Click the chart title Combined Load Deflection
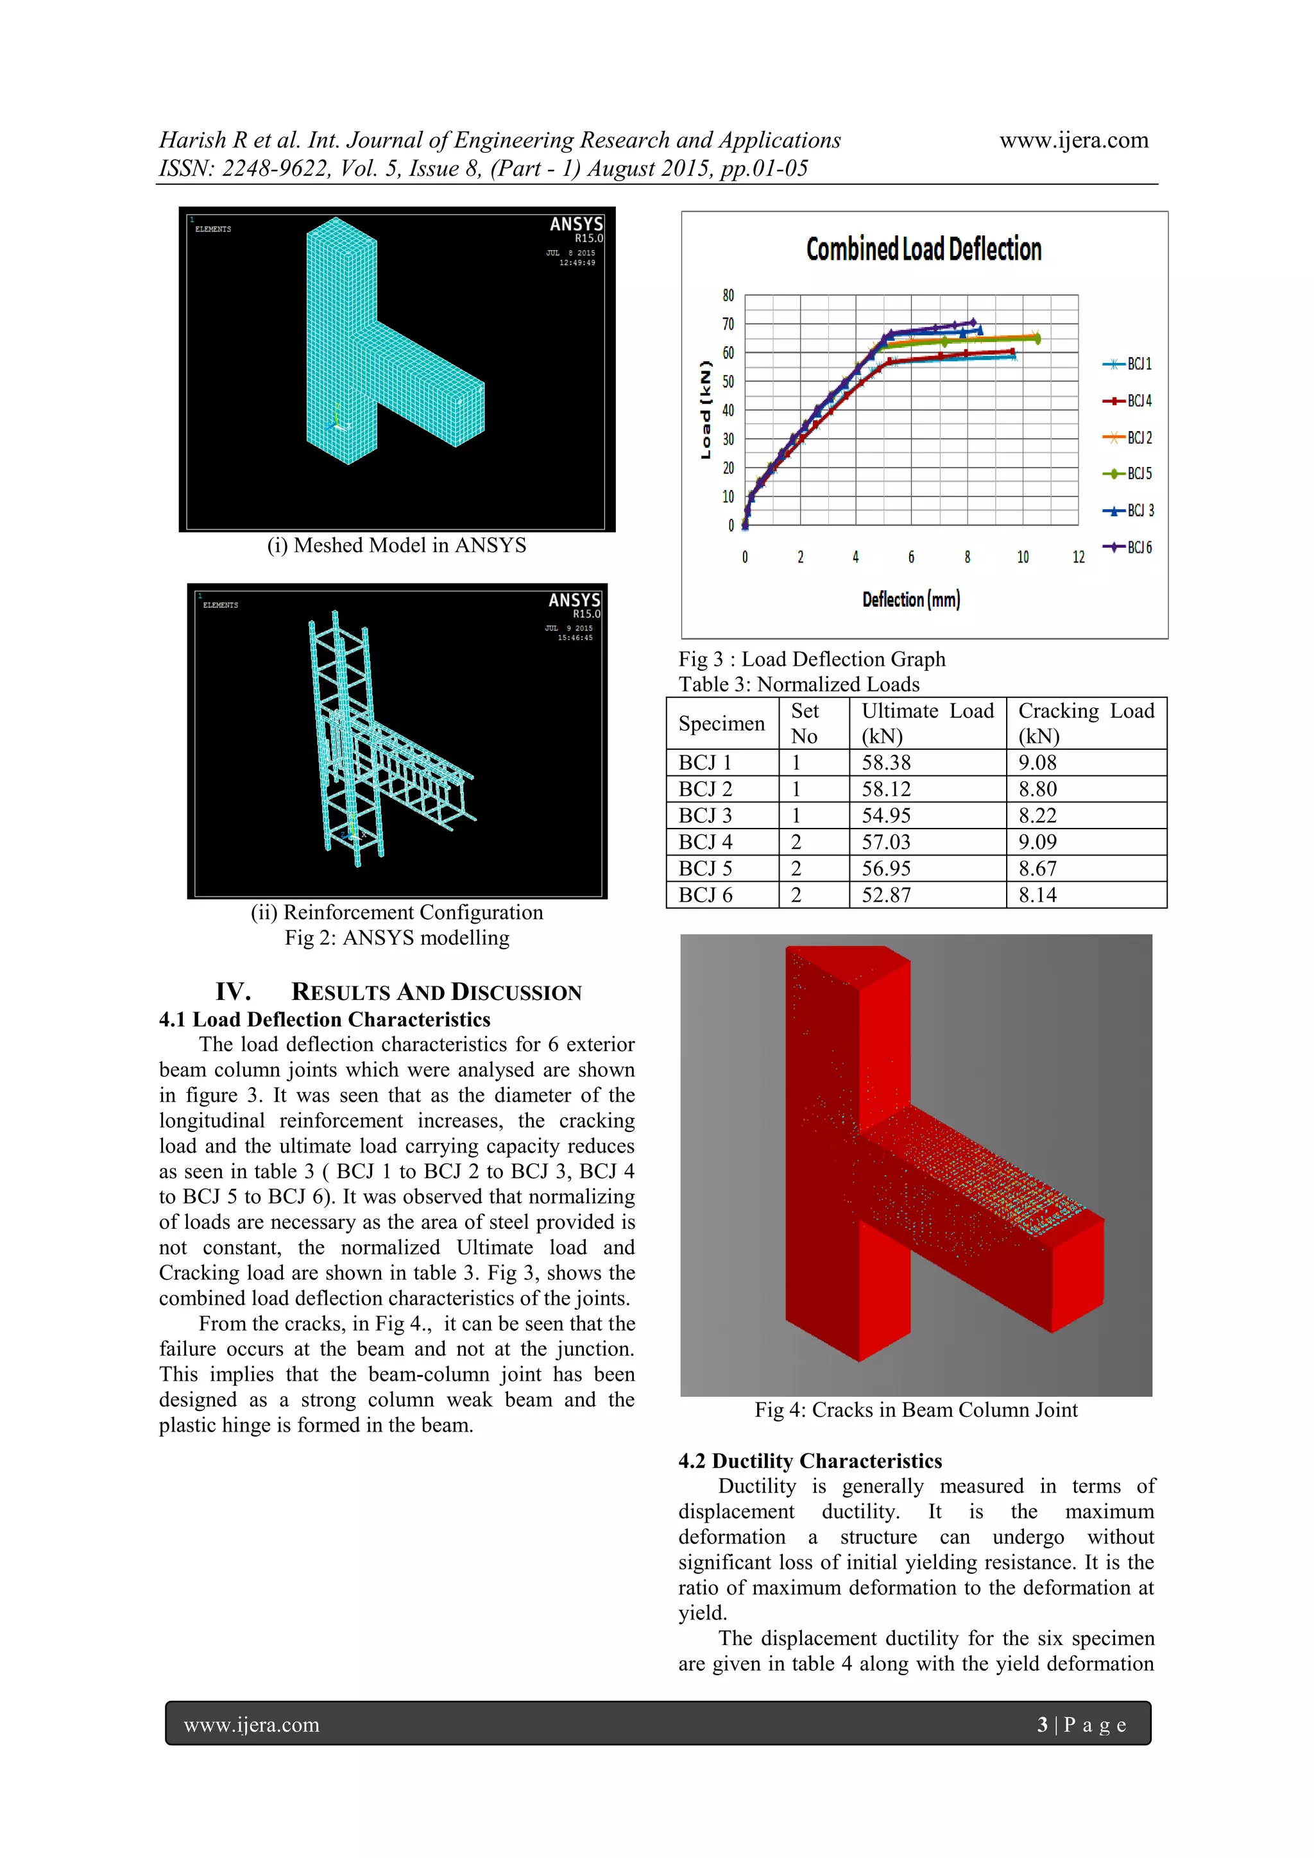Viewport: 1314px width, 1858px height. click(923, 249)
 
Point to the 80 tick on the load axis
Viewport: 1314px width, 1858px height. click(728, 296)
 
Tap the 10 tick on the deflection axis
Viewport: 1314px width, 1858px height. click(1023, 557)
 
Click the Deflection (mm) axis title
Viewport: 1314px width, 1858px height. click(911, 600)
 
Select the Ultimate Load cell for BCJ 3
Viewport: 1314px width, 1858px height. click(885, 816)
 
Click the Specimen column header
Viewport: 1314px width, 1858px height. click(721, 723)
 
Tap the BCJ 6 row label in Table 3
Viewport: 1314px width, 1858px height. click(705, 895)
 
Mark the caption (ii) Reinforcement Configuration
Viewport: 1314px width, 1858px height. click(397, 912)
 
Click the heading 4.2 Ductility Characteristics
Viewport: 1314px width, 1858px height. click(810, 1460)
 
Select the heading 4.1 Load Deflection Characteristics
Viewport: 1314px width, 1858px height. click(324, 1020)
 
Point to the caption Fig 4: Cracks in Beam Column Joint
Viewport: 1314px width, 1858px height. click(916, 1410)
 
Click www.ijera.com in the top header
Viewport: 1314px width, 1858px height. click(1073, 140)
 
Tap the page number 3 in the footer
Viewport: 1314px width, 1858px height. click(1042, 1725)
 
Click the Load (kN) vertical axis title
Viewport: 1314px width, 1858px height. click(705, 410)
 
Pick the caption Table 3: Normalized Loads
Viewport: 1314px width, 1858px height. click(798, 684)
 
